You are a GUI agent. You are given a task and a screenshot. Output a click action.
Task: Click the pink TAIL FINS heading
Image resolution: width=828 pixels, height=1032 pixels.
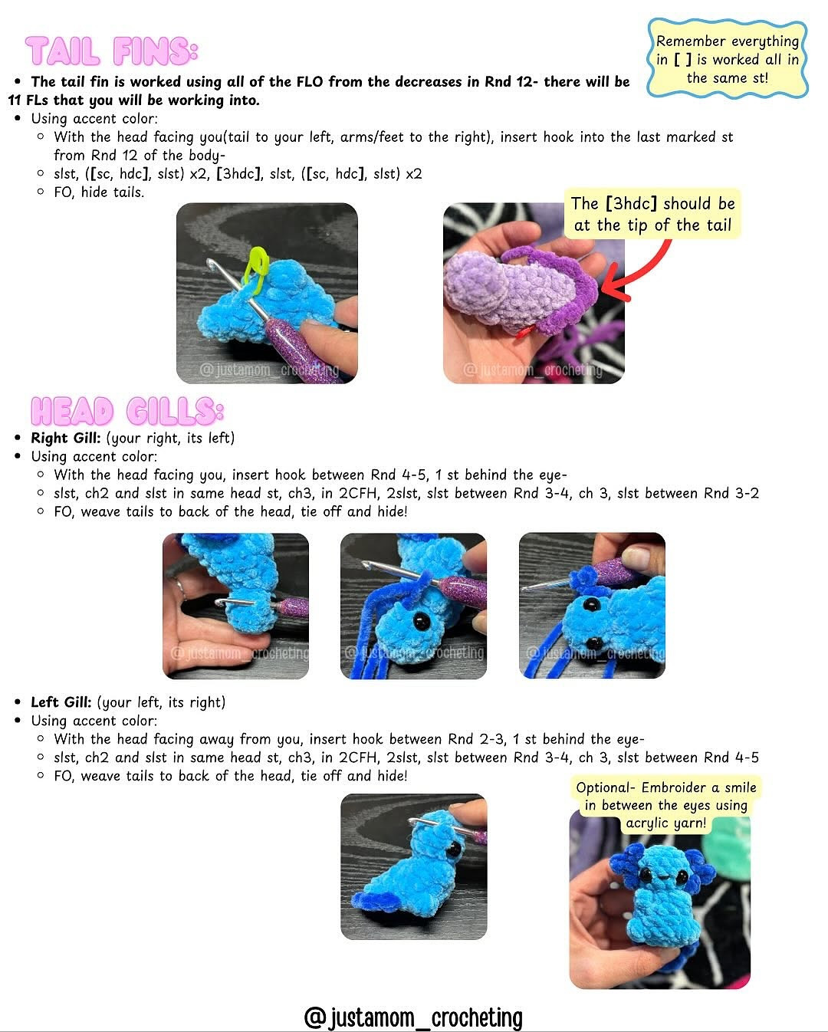[x=112, y=51]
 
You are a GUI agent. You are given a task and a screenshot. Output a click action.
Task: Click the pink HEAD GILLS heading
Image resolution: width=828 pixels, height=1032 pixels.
[x=127, y=412]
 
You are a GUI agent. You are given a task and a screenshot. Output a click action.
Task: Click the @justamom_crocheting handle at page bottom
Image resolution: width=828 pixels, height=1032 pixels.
[x=413, y=1017]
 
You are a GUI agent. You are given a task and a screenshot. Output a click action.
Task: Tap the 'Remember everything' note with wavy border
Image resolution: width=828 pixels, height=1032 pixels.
[x=727, y=60]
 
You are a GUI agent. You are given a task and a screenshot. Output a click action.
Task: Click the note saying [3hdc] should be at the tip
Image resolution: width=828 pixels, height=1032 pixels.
[x=653, y=214]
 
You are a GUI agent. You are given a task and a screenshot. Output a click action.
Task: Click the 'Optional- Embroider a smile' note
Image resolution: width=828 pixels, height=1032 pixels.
[x=665, y=805]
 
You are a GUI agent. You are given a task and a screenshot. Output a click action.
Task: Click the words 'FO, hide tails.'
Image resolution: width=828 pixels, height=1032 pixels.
[x=98, y=192]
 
